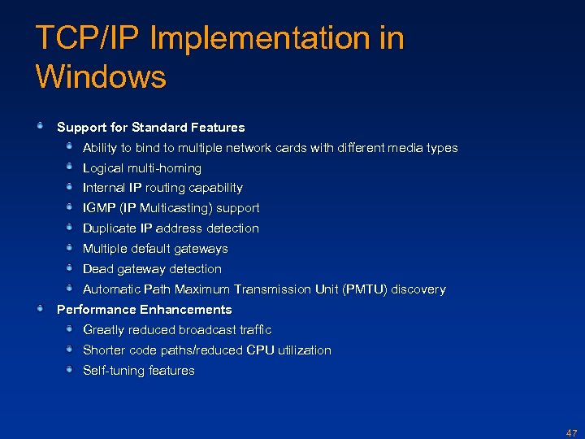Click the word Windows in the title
pyautogui.click(x=101, y=76)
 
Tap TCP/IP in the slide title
pyautogui.click(x=86, y=39)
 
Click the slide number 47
pyautogui.click(x=571, y=432)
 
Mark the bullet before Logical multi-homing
pyautogui.click(x=71, y=166)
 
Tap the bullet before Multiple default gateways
pyautogui.click(x=71, y=246)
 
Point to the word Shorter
pyautogui.click(x=105, y=350)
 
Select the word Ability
pyautogui.click(x=100, y=148)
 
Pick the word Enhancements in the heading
pyautogui.click(x=186, y=310)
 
